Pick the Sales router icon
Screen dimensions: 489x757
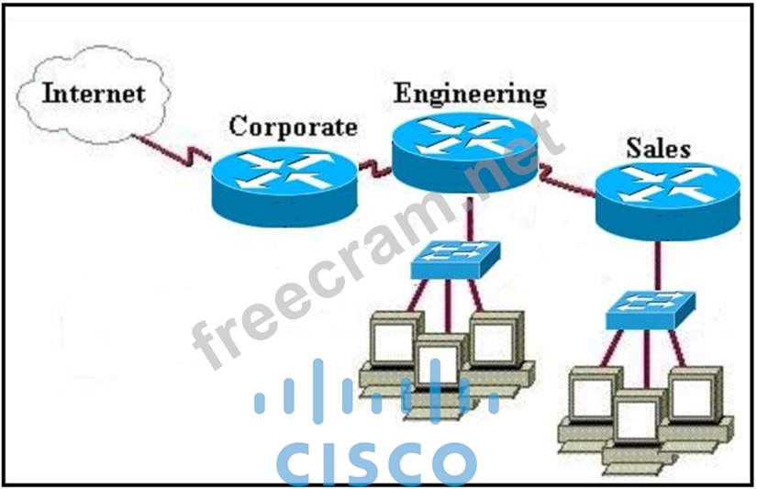[666, 196]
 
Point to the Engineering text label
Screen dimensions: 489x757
[469, 93]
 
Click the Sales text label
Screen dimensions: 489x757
[658, 148]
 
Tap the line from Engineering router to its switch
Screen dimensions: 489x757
[469, 220]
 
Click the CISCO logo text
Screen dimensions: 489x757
[376, 462]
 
